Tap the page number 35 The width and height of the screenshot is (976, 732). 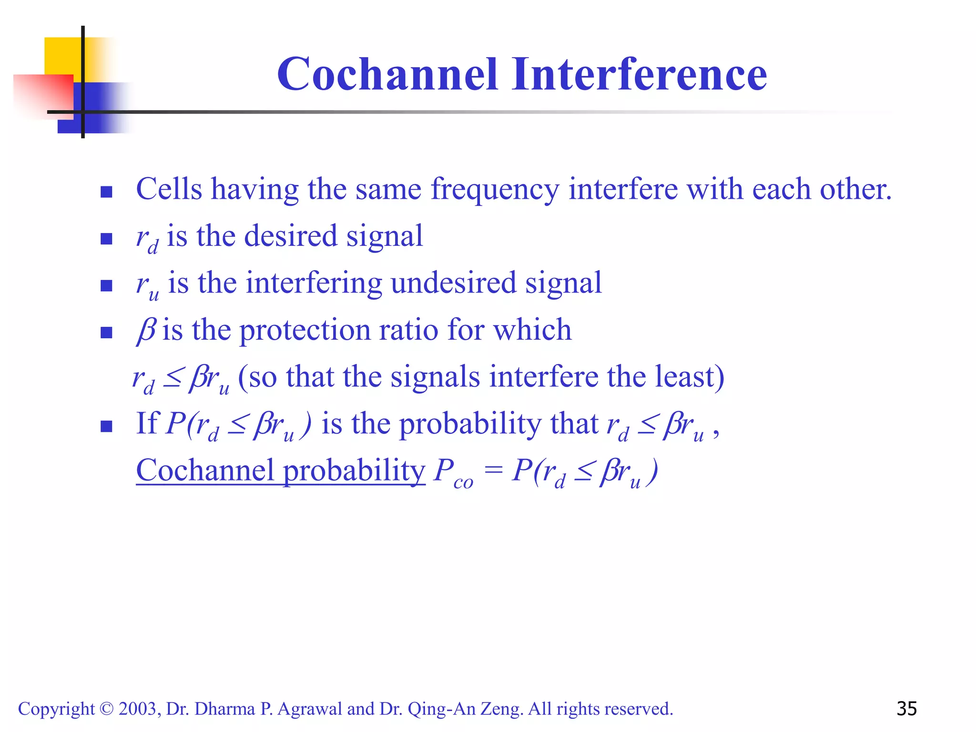[906, 709]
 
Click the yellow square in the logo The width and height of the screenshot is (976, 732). [62, 55]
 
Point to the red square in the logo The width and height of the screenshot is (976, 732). [43, 95]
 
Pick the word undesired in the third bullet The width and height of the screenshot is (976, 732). [453, 283]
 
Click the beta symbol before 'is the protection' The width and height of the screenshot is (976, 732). [146, 330]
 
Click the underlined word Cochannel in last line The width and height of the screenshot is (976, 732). [205, 470]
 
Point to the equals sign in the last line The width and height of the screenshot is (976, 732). [493, 470]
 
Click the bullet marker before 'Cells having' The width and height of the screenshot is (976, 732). [106, 192]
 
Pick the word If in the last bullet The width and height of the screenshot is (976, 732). [146, 423]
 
